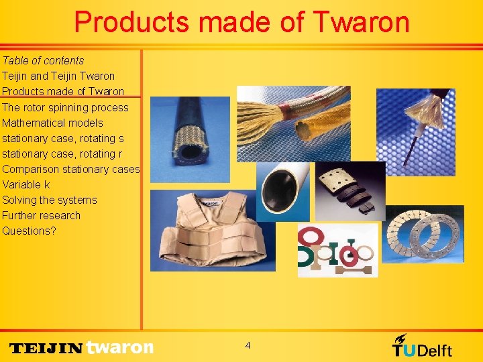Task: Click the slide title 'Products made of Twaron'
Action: pos(241,21)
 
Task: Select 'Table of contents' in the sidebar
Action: pos(43,60)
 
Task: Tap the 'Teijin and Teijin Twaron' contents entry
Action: pos(58,76)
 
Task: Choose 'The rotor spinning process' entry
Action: pos(65,107)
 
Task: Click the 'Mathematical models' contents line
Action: pos(52,123)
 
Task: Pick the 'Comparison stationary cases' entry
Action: pos(70,169)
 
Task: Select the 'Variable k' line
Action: pos(26,184)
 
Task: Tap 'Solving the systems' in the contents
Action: pos(50,200)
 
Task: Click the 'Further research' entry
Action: pos(41,215)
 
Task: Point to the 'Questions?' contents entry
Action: pos(30,231)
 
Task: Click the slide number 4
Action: pos(248,345)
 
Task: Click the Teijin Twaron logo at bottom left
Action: pos(81,347)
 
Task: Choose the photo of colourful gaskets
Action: pos(337,250)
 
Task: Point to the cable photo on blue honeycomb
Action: pos(415,127)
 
